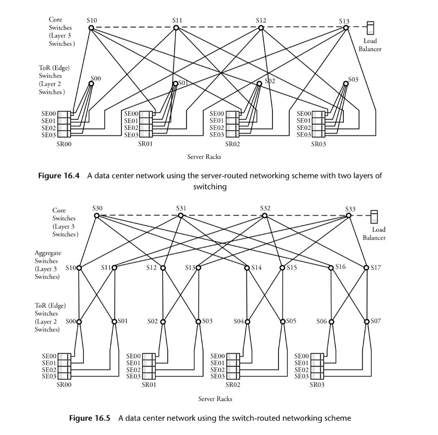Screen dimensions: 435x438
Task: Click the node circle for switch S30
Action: coord(97,216)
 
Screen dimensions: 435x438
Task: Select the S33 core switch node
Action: coord(349,216)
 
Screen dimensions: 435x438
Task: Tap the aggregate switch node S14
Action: coord(247,268)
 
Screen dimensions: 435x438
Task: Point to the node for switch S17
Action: coord(367,268)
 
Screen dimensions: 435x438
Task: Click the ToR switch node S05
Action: coord(283,322)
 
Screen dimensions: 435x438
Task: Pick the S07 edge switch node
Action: coord(367,322)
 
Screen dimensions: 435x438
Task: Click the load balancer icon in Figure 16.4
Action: coord(370,28)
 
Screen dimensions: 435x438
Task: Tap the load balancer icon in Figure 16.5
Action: coord(374,216)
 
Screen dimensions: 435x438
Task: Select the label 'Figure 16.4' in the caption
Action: coord(59,176)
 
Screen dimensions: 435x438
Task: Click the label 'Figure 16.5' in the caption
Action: coord(89,418)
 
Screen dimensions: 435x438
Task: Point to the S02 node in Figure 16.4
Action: coord(259,84)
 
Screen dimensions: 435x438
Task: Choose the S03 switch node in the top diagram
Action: coord(346,83)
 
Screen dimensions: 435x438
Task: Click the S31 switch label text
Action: coord(181,208)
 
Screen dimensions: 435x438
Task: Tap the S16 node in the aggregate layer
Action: coord(331,268)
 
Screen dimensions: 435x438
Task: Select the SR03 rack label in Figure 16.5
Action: coord(317,385)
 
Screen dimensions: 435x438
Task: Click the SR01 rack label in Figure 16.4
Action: coord(145,144)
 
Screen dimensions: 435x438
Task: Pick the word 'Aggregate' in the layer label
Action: coord(48,253)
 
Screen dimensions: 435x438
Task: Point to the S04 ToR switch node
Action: coord(247,322)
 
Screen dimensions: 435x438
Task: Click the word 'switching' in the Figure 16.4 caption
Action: coord(210,186)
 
